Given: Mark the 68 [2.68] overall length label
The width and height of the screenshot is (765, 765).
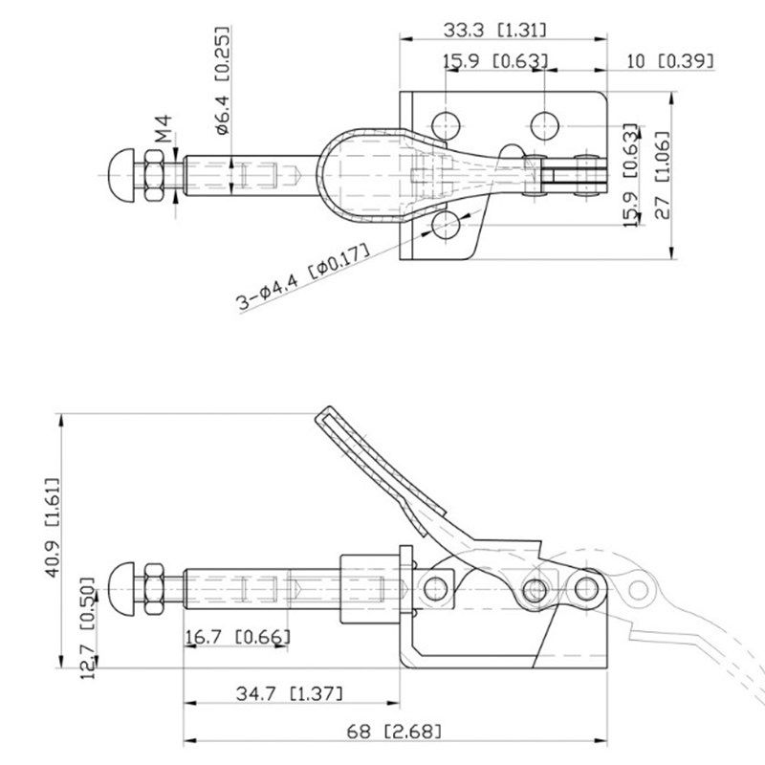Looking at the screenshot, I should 396,732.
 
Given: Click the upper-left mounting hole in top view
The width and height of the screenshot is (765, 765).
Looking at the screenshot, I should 444,122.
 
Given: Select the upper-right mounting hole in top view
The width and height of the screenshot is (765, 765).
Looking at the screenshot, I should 545,122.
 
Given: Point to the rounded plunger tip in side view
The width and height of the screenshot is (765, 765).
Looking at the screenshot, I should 125,584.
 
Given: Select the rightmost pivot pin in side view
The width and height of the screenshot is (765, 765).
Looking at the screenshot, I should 584,585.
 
